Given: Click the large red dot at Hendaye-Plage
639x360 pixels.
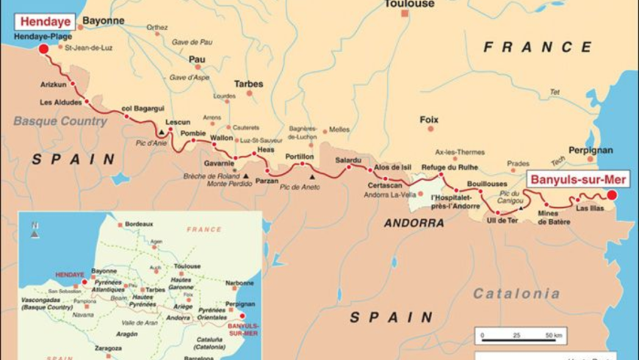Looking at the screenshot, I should coord(43,48).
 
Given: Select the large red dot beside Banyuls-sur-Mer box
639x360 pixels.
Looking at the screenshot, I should coord(611,195).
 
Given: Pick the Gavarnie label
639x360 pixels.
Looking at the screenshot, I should coord(220,163).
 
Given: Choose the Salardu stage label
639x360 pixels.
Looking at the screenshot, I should coord(348,159).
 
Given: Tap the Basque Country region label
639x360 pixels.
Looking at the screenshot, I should coord(60,121).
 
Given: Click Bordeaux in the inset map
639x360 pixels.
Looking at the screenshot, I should coord(139,223).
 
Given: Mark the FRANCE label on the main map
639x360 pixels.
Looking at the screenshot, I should coord(538,47).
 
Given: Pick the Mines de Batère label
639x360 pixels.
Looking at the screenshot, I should coord(554,217).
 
